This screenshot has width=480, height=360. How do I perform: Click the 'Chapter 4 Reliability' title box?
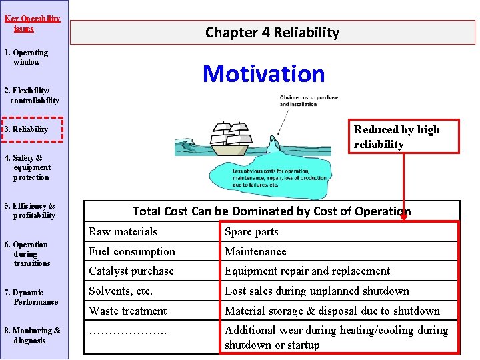272,32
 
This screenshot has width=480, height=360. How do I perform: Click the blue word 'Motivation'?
263,73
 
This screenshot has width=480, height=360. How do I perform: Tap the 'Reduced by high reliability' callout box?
403,137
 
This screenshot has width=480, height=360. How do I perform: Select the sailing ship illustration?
230,135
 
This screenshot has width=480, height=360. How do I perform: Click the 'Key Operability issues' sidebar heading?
31,23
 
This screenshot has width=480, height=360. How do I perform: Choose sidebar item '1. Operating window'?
27,57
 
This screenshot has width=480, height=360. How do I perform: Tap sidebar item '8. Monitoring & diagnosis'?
32,335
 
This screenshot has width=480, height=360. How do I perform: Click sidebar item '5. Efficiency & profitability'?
29,211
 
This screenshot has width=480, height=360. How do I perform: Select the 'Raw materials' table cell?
123,232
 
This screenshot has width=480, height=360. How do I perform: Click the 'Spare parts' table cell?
251,232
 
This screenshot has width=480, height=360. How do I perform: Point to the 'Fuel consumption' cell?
132,251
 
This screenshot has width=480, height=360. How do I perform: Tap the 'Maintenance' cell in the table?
255,251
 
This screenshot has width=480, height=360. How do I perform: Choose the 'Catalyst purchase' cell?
131,271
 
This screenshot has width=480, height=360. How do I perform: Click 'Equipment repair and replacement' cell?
307,271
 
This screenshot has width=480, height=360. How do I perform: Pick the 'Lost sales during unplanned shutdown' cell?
317,291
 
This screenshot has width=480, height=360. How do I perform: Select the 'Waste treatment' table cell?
128,311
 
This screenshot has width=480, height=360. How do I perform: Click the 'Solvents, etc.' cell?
121,291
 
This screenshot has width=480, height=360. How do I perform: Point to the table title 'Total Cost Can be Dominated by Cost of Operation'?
271,211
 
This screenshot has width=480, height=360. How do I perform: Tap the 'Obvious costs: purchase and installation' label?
309,101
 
